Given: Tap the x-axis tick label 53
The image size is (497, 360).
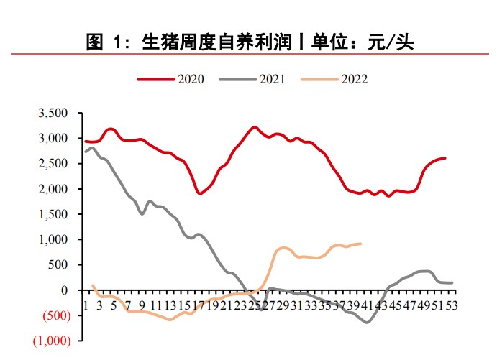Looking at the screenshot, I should [x=452, y=305].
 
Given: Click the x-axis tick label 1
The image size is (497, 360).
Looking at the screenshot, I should [x=86, y=305].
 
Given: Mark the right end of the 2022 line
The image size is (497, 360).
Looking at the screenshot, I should [x=360, y=244].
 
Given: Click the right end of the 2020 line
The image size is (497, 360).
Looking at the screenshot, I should [x=444, y=158].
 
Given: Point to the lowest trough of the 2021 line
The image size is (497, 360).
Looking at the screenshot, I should [x=367, y=322].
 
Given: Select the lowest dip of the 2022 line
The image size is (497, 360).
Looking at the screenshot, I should [x=170, y=319].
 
